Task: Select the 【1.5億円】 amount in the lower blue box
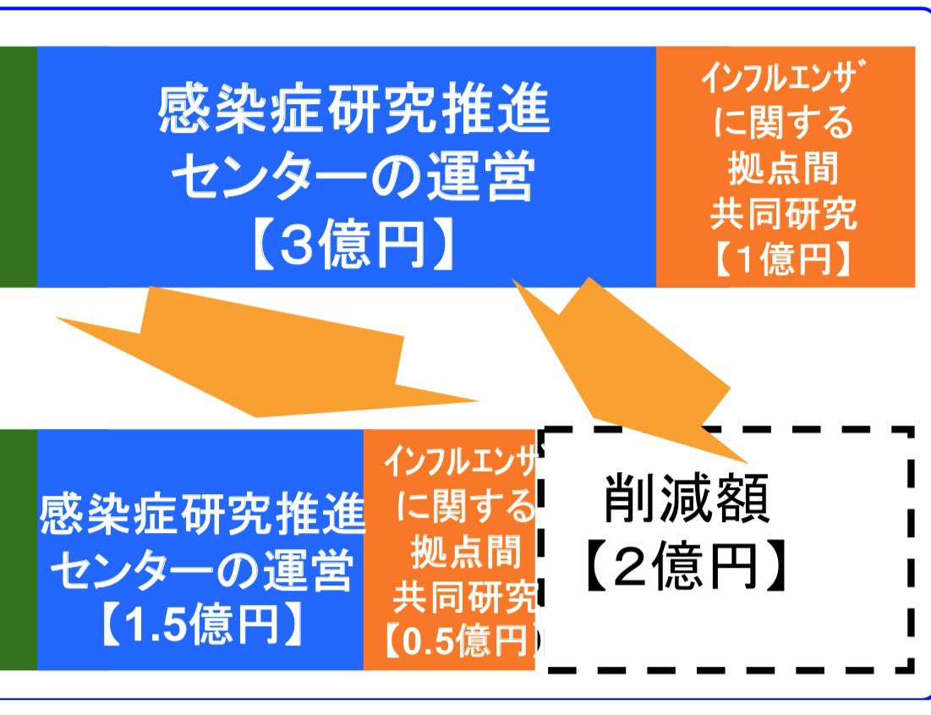201,625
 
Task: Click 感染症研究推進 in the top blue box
353,113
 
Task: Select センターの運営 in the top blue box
353,179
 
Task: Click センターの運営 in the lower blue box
201,571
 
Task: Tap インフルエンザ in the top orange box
785,82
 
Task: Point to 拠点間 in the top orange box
783,170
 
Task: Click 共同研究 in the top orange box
783,215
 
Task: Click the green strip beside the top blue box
18,167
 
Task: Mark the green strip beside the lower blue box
18,550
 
